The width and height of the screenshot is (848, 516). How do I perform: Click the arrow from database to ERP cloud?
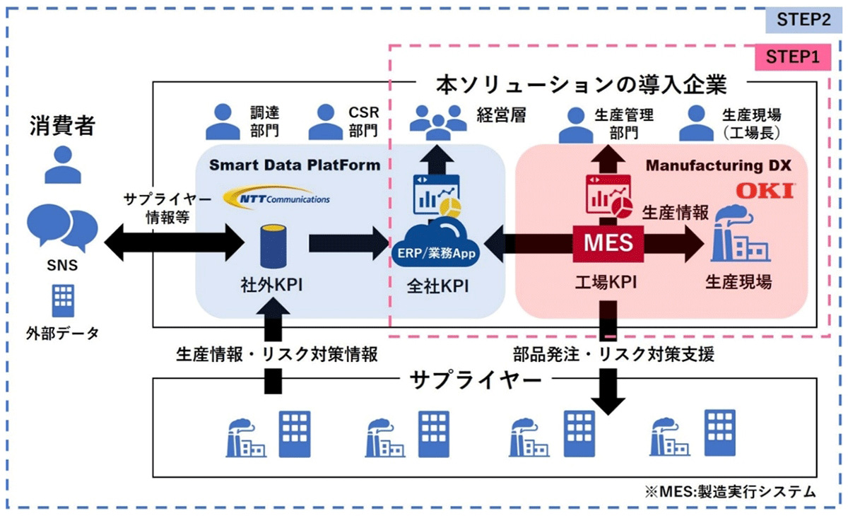[344, 242]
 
